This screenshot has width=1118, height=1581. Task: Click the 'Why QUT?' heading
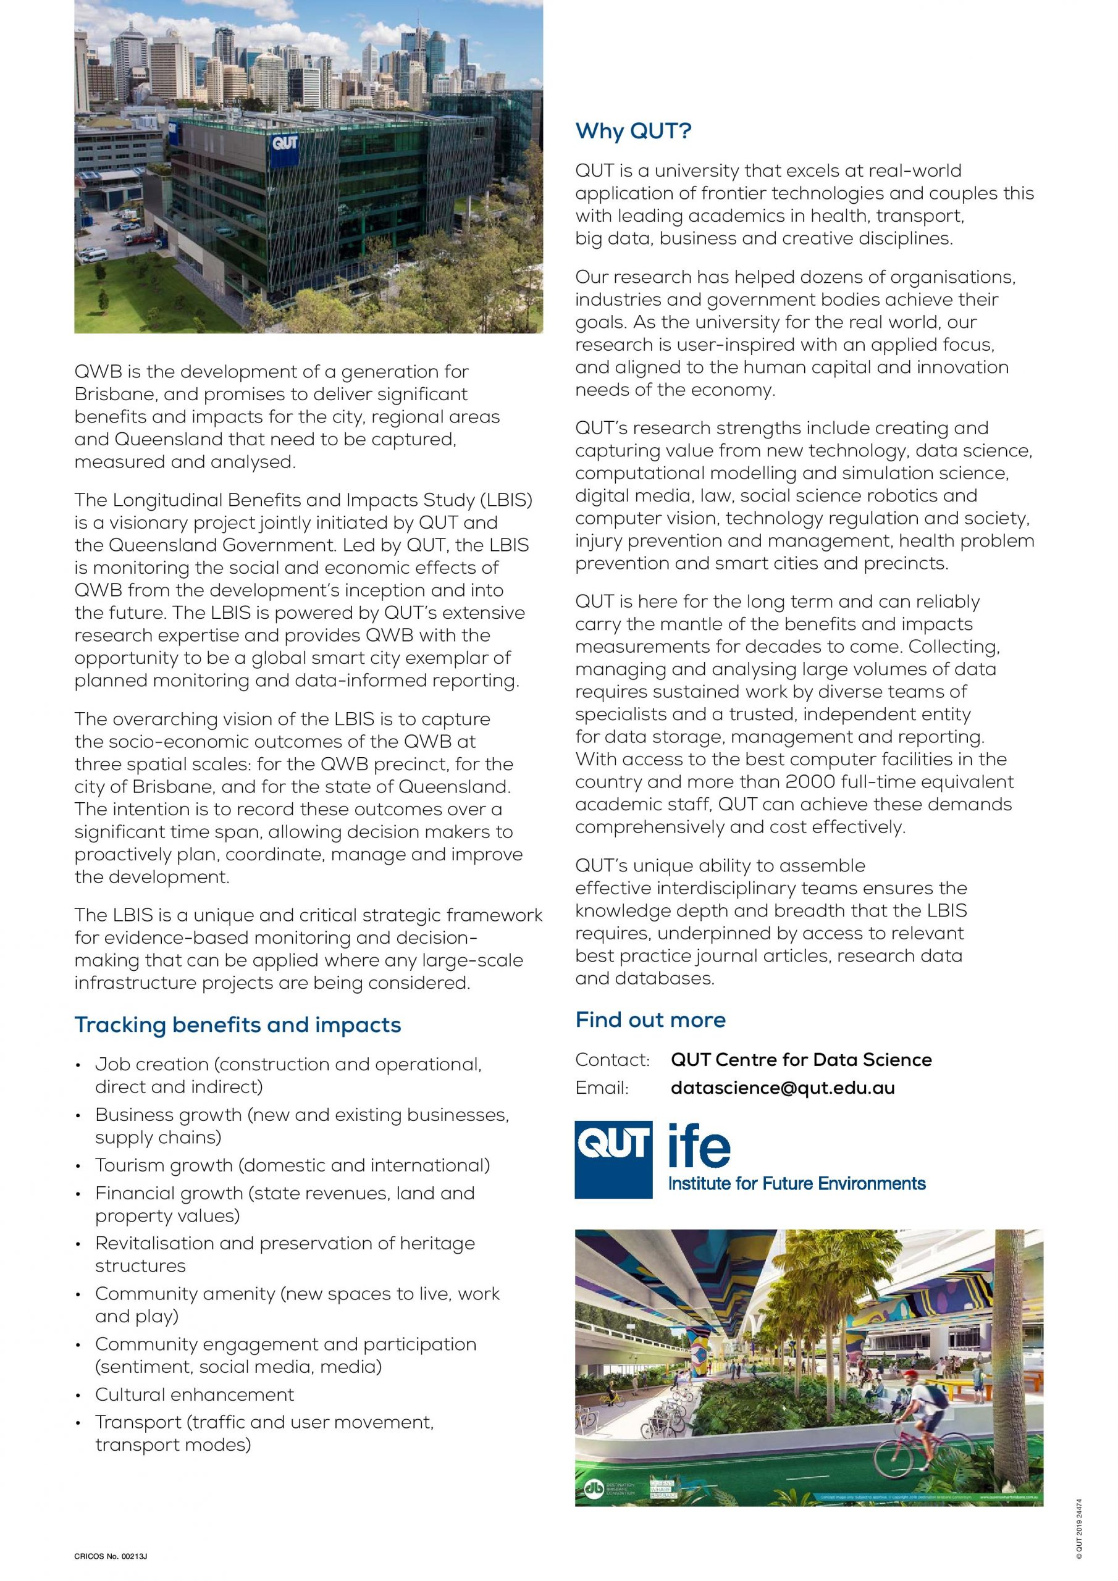[x=633, y=131]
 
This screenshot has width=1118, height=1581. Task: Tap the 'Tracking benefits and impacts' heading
[x=237, y=1025]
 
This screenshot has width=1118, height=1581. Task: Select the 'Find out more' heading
[x=650, y=1019]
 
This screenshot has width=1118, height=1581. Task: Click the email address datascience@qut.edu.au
[x=783, y=1088]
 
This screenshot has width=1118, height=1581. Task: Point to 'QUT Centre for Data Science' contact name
[x=801, y=1059]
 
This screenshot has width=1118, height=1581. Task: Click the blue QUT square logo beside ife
[x=613, y=1160]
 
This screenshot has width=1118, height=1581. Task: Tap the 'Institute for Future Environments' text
[x=797, y=1183]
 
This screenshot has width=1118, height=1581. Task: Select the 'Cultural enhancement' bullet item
[x=194, y=1394]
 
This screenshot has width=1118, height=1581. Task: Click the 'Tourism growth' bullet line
[x=292, y=1165]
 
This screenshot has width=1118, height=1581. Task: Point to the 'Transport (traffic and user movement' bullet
[x=264, y=1422]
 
